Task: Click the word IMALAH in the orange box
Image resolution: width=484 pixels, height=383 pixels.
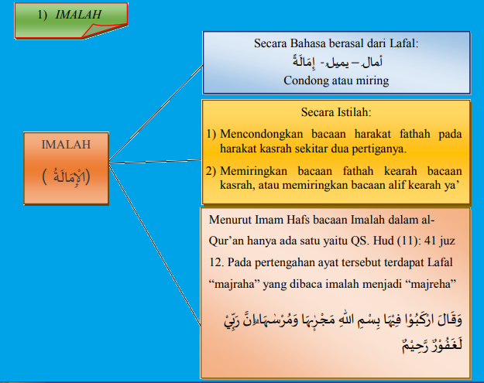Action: (65, 144)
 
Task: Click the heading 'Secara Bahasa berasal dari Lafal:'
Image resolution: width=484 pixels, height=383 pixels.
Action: (335, 44)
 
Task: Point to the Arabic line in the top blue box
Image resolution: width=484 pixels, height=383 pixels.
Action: (335, 63)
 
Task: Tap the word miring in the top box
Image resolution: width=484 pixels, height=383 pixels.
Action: (371, 80)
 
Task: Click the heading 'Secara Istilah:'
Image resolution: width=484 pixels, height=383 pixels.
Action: (335, 112)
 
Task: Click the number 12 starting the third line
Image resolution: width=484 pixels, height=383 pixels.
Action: (215, 260)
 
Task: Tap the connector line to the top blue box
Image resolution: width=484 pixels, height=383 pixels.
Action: (155, 108)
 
